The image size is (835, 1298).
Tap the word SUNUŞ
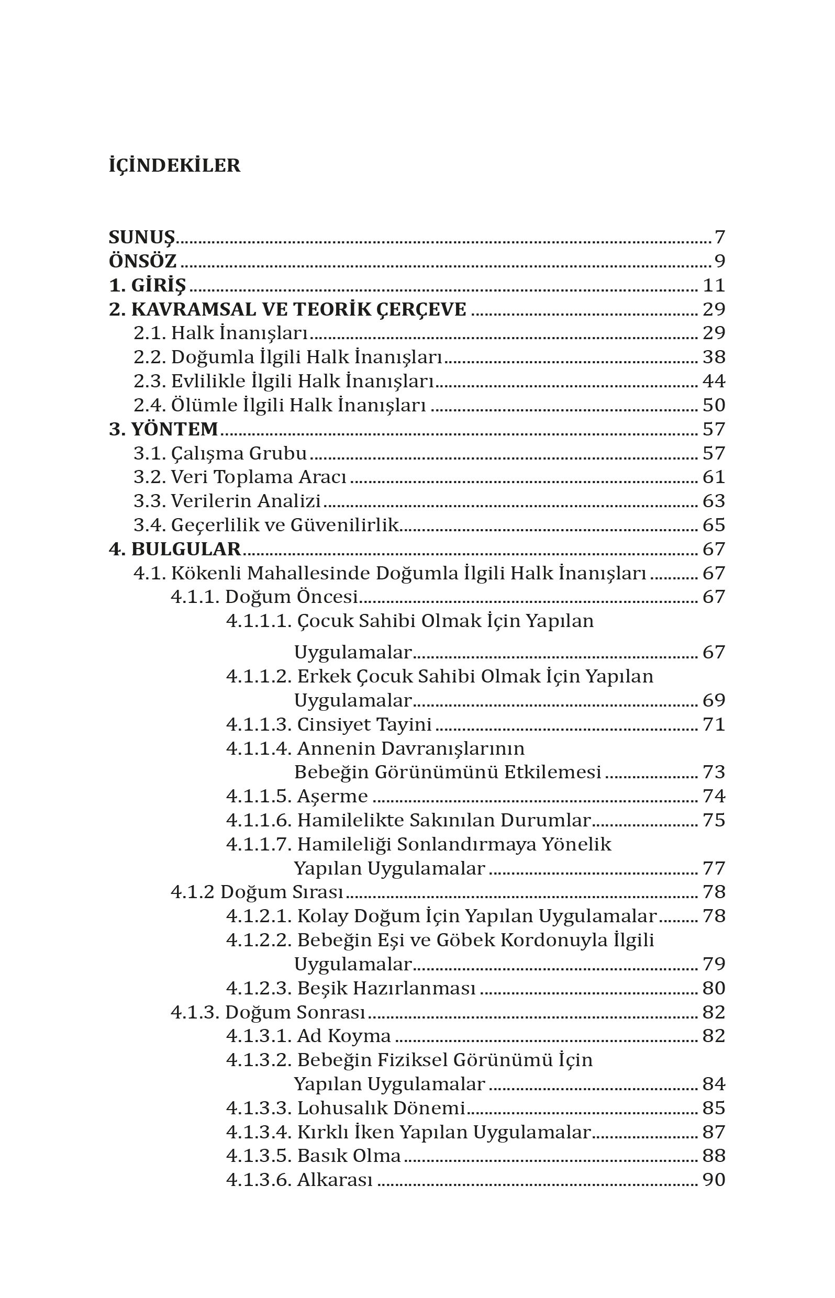(141, 238)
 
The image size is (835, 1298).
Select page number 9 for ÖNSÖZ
(719, 261)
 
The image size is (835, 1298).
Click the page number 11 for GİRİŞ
(714, 285)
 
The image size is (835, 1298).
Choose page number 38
(714, 357)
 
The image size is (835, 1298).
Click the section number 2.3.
(150, 381)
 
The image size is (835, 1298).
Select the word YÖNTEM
(175, 429)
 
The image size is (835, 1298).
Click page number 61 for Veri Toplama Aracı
(714, 477)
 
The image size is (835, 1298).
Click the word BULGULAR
(186, 549)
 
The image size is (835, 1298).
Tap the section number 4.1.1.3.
(259, 724)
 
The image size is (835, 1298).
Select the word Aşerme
(332, 796)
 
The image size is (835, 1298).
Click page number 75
(714, 820)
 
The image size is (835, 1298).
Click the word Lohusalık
(343, 1108)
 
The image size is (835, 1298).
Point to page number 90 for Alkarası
(714, 1180)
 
